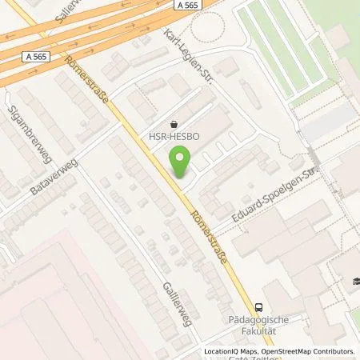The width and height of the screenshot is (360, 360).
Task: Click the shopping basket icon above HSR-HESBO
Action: click(x=174, y=124)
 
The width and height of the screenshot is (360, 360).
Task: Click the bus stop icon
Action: click(x=258, y=306)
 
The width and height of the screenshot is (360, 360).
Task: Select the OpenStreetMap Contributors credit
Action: click(x=307, y=351)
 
